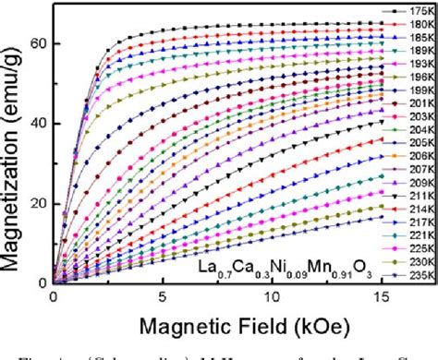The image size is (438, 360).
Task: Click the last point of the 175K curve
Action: pos(379,23)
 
